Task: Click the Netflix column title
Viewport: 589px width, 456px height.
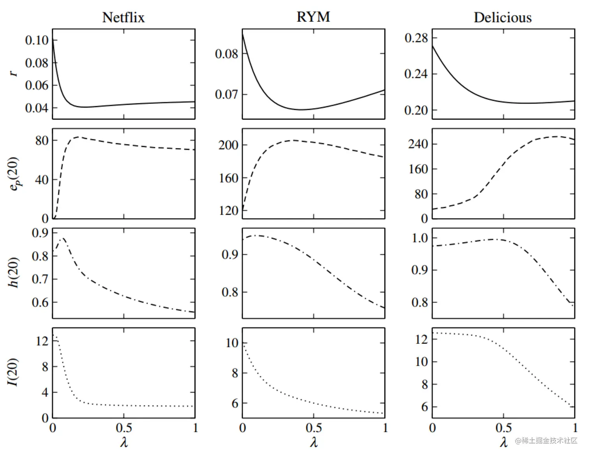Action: tap(123, 18)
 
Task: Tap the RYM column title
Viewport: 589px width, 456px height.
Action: tap(313, 17)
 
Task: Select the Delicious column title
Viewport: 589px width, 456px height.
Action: tap(503, 18)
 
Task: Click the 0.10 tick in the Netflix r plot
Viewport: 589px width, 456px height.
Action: tap(37, 40)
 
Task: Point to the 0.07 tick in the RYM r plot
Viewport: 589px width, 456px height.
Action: tap(226, 94)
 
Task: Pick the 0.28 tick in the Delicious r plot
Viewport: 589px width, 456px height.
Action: tap(416, 38)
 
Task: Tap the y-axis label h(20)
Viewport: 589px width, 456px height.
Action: tap(14, 273)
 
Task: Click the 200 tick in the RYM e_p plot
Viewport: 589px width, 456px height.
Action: tap(228, 145)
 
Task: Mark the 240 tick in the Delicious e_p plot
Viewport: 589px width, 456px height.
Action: tap(418, 144)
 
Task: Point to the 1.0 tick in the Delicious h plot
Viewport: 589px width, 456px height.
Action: tap(420, 238)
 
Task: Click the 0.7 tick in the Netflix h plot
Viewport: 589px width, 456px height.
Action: tap(40, 279)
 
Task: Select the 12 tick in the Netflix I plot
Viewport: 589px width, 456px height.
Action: tap(42, 342)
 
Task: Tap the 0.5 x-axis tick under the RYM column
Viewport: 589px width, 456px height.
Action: tap(314, 428)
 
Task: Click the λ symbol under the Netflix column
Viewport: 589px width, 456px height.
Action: tap(124, 442)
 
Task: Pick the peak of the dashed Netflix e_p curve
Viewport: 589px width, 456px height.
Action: tap(79, 137)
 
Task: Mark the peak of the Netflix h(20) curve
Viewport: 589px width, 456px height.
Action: tap(62, 238)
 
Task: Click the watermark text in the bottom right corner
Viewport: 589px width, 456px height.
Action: tap(546, 440)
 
